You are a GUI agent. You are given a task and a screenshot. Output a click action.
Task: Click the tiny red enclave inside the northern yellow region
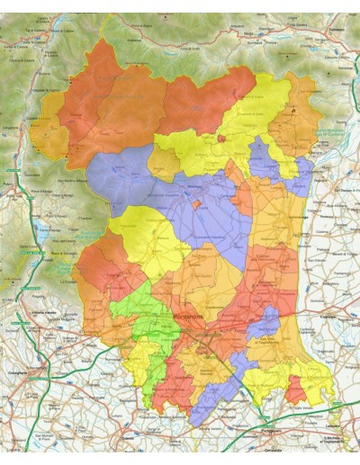[220, 139]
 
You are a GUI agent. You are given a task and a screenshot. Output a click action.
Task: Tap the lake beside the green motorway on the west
[43, 237]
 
